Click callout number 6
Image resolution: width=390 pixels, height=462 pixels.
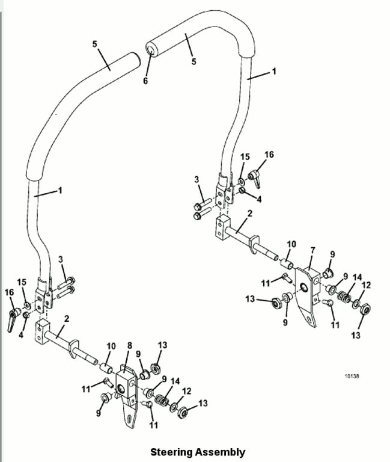pos(145,81)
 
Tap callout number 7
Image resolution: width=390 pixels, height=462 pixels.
pos(312,249)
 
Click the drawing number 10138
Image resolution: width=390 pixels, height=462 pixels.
pos(352,376)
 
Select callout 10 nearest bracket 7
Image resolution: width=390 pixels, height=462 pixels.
pos(291,244)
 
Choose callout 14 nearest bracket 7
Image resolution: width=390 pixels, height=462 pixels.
pos(358,277)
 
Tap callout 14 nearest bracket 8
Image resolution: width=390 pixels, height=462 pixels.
pos(175,381)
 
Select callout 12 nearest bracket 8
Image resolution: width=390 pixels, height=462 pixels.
pos(187,391)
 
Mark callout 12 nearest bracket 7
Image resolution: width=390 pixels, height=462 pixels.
pos(367,285)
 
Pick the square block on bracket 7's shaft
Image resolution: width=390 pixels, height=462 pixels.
pos(222,228)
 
